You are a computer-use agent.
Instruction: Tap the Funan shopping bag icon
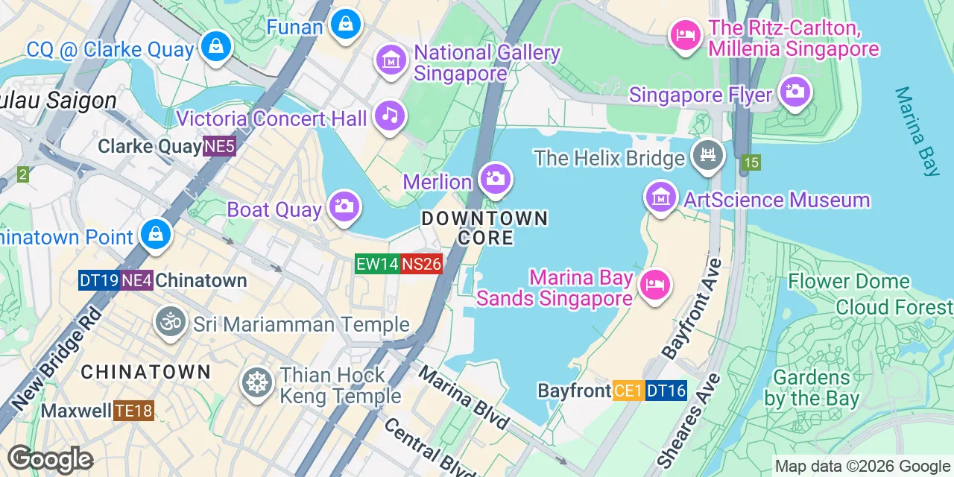point(347,24)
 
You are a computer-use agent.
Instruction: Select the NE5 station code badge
point(220,146)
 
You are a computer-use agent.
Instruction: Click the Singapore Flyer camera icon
point(795,92)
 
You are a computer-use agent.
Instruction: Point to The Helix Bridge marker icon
point(707,155)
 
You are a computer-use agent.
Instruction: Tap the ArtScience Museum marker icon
point(660,198)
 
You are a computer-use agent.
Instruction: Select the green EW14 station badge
point(377,264)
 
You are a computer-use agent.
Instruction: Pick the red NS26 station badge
point(422,264)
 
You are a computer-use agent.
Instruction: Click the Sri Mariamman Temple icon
point(171,321)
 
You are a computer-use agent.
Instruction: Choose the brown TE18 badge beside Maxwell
point(133,411)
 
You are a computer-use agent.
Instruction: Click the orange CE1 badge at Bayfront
point(628,391)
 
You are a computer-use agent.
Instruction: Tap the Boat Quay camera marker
point(344,206)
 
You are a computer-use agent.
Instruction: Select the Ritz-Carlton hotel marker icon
point(685,34)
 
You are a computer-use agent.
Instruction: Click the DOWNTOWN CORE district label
point(484,228)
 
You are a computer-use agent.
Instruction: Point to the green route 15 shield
point(751,162)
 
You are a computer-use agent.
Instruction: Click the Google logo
point(50,460)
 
